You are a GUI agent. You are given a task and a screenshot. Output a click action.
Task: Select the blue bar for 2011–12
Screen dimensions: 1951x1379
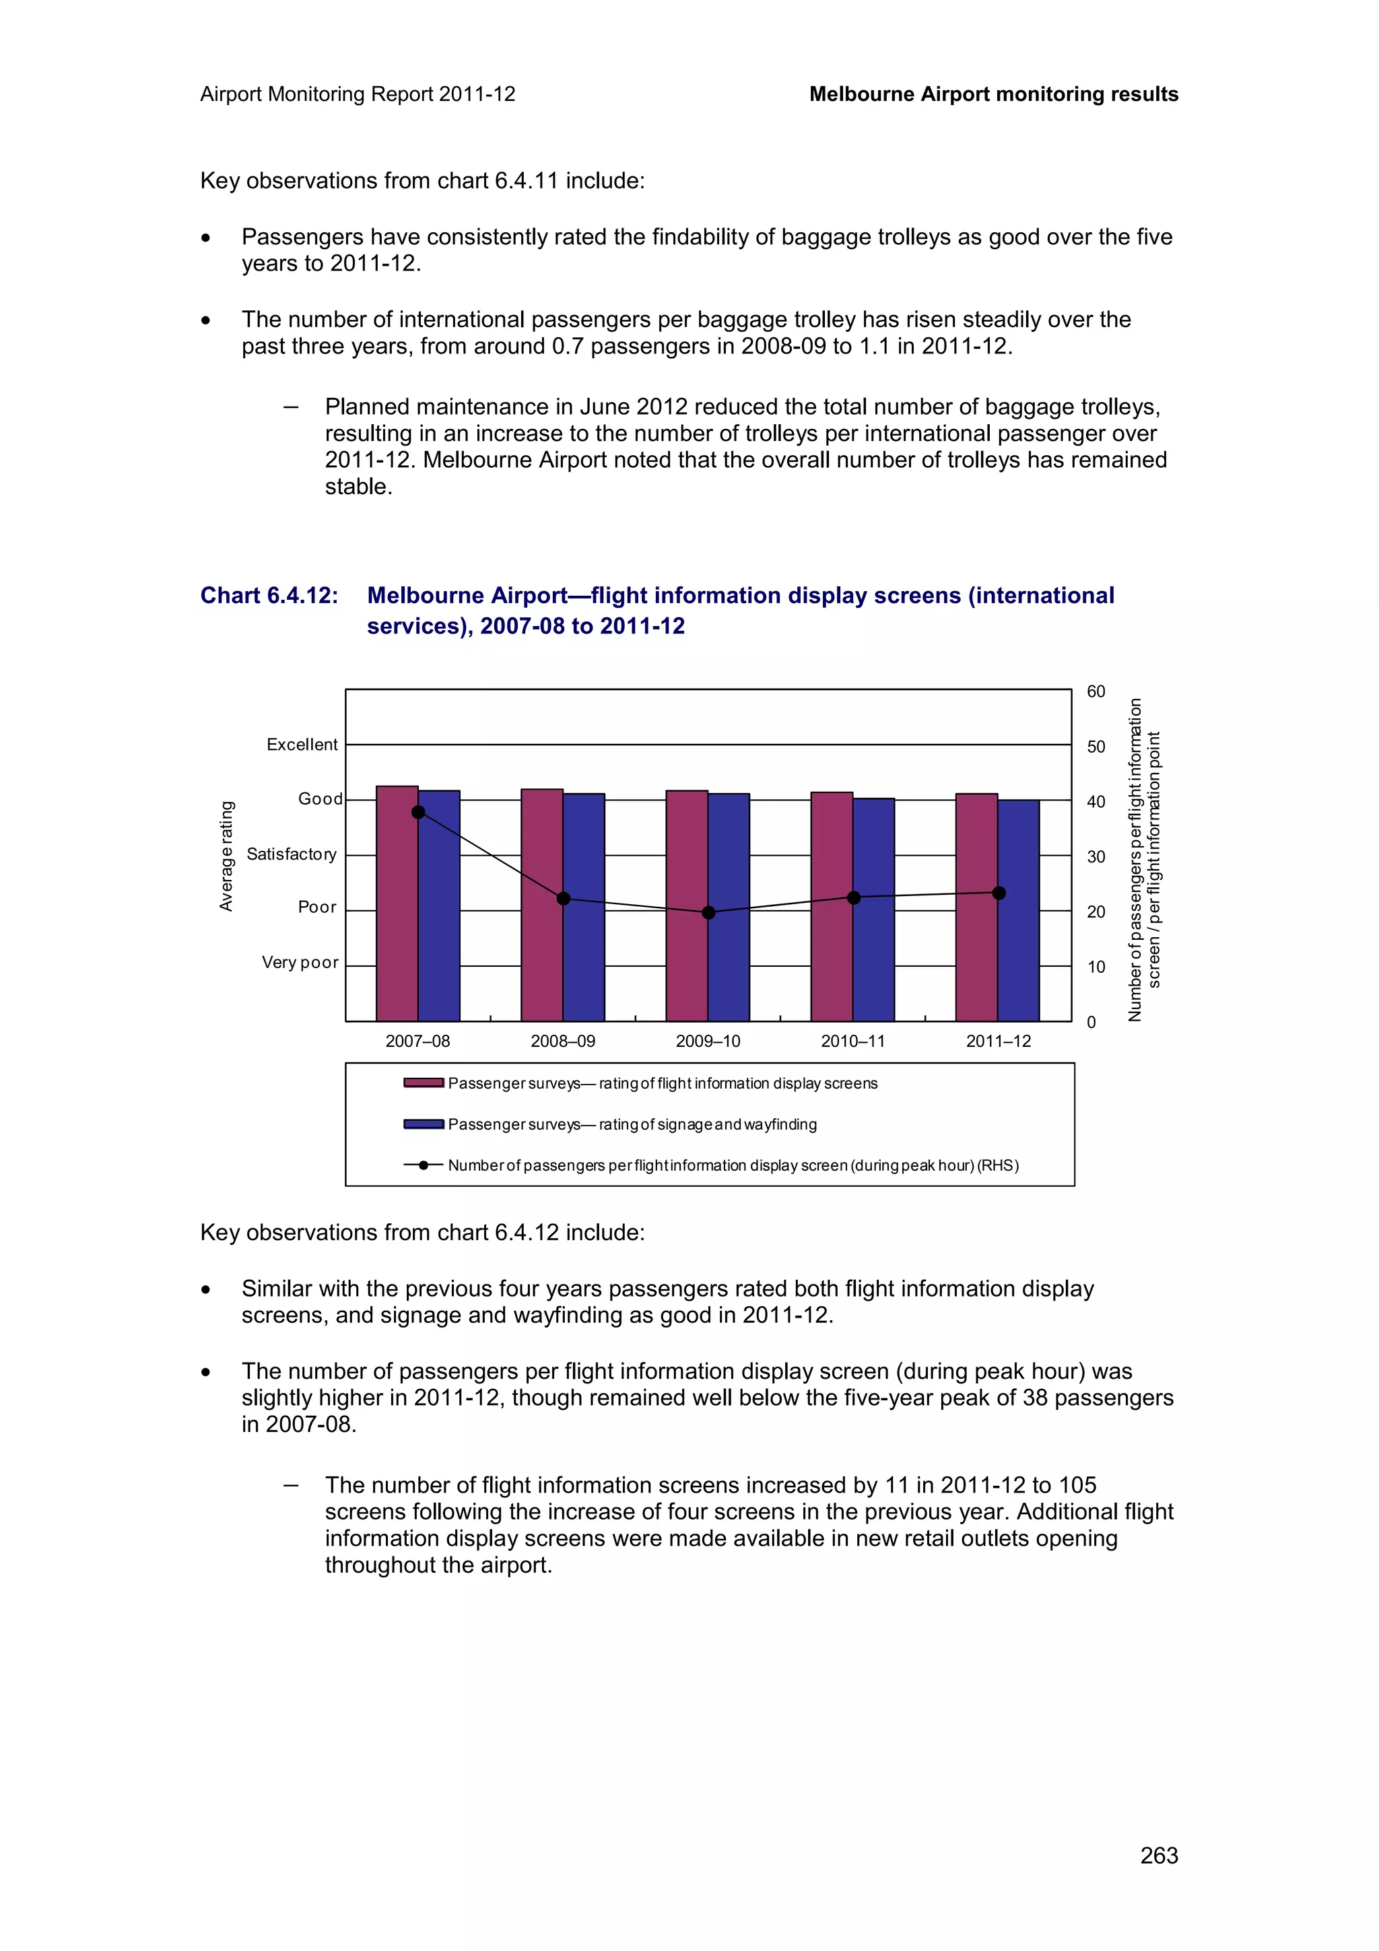click(x=1018, y=910)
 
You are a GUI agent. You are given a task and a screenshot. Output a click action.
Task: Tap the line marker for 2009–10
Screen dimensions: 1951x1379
click(x=708, y=913)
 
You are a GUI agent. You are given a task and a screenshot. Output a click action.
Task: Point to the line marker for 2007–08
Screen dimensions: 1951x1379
click(x=418, y=813)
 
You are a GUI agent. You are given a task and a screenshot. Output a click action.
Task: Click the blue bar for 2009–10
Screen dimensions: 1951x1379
click(x=728, y=907)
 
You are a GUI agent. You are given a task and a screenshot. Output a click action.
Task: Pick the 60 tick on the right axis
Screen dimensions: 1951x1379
click(x=1096, y=691)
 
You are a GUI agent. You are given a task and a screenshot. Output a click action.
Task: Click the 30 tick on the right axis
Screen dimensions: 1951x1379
click(x=1096, y=856)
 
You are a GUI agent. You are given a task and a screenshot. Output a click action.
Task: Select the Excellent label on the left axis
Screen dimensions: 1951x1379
click(x=302, y=745)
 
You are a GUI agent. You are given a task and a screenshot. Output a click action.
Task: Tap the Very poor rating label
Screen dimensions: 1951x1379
click(x=300, y=962)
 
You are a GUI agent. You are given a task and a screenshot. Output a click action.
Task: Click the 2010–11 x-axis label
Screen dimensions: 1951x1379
click(x=852, y=1041)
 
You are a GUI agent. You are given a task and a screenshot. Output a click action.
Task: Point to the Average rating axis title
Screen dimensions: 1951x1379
click(x=226, y=856)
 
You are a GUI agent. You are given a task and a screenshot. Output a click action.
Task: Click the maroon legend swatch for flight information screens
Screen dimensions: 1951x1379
click(x=423, y=1083)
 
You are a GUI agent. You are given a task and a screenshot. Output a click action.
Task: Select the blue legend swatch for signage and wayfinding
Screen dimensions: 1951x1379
click(x=423, y=1124)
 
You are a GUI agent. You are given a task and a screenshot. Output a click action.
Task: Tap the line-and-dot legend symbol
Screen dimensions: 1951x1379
click(x=423, y=1165)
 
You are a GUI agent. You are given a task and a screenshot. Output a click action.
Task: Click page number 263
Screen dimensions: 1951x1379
click(x=1158, y=1855)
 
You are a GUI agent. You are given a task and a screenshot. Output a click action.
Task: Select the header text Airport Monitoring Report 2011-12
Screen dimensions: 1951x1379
click(x=358, y=94)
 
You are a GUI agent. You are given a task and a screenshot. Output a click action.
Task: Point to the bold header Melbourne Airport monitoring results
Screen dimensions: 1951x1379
click(x=993, y=94)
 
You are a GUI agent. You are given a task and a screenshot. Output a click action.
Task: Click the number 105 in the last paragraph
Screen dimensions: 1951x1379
click(x=1077, y=1484)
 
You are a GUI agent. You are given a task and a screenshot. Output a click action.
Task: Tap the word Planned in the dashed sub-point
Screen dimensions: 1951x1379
click(x=368, y=407)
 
